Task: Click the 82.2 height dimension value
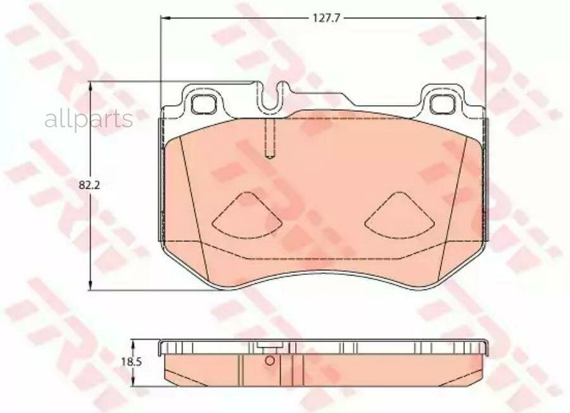(x=89, y=185)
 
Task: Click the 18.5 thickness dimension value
(x=131, y=362)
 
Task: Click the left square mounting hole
(x=203, y=104)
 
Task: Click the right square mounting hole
(x=443, y=104)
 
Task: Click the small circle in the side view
(x=270, y=360)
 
